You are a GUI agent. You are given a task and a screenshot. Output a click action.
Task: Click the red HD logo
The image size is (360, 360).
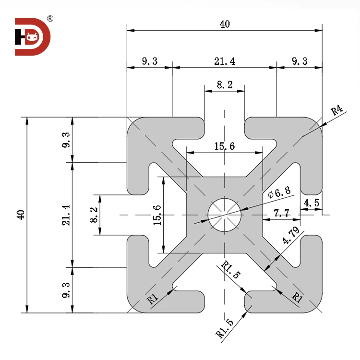[31, 36]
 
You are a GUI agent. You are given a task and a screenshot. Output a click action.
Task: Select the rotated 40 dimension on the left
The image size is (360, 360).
[20, 215]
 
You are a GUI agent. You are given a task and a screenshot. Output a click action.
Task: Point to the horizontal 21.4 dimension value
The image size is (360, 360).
[224, 61]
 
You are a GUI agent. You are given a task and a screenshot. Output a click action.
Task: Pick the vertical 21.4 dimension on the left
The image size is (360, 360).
[66, 215]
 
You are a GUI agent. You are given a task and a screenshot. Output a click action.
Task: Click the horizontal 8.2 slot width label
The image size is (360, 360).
[224, 85]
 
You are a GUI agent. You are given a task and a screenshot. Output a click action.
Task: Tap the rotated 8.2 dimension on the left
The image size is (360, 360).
[94, 215]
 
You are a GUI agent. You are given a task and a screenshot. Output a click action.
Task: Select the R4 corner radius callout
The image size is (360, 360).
[337, 111]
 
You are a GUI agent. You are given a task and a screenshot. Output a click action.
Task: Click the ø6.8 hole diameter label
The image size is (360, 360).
[279, 193]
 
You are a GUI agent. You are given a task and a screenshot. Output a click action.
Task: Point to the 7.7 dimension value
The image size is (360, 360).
[281, 212]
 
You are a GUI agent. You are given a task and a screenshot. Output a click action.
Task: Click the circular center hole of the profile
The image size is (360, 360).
[224, 215]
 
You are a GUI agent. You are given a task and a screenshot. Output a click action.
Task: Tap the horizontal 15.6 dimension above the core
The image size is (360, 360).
[224, 146]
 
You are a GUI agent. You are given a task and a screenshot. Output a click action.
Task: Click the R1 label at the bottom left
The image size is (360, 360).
[153, 300]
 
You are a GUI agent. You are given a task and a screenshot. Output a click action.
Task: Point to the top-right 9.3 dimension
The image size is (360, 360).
[299, 61]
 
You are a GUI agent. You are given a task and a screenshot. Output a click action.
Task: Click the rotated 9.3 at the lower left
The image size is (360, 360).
[66, 290]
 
